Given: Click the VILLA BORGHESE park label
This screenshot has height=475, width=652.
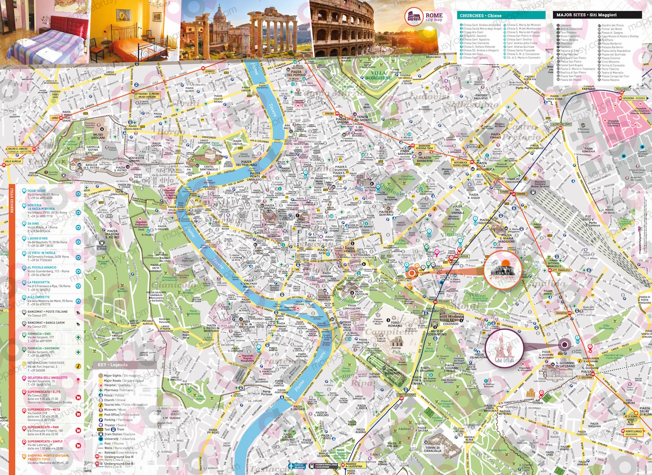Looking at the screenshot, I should [379, 75].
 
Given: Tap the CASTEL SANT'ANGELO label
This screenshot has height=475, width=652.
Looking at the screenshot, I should [209, 168].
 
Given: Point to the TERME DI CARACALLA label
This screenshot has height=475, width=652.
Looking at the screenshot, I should [432, 449].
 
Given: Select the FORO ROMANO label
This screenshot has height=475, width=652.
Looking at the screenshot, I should [395, 324].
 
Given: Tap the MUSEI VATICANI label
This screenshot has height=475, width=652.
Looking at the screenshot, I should [98, 136].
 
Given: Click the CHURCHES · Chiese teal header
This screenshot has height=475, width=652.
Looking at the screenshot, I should [500, 15].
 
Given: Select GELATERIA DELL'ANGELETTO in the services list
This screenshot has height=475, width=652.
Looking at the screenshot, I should [48, 378].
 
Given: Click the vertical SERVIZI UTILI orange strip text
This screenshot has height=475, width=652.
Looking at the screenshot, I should [12, 204].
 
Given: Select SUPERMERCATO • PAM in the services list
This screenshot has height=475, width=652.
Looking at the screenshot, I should [44, 427].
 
